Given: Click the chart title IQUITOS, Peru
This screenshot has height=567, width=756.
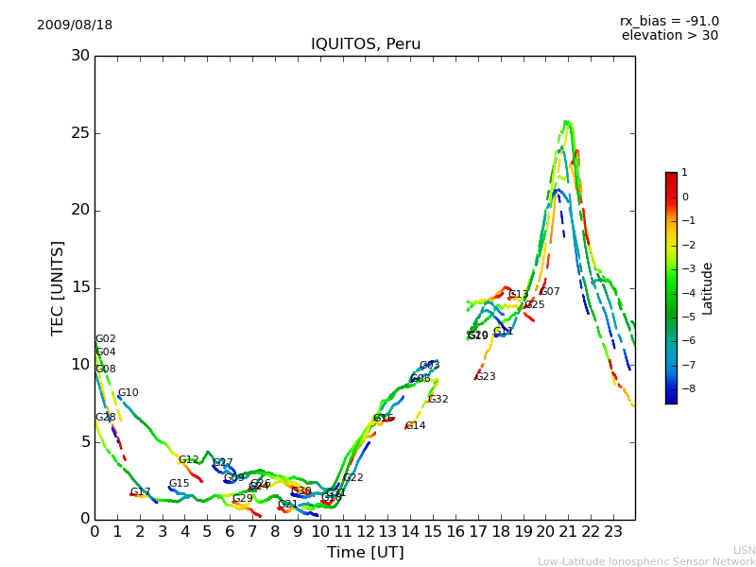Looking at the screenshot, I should [x=366, y=44].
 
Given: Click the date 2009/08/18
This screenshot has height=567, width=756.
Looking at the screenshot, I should [x=75, y=25].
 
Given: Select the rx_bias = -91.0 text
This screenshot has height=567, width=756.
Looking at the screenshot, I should [x=669, y=21].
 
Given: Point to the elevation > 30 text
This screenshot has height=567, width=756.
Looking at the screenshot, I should [x=669, y=36].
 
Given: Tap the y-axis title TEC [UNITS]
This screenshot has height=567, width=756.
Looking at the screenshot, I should [x=58, y=287].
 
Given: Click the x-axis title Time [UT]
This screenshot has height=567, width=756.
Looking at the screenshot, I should [x=365, y=553].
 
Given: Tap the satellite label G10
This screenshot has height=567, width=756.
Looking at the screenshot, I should [x=128, y=393].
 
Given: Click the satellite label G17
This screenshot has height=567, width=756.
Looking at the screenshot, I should [x=140, y=492].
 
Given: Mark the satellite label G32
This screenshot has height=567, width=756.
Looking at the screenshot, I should [x=438, y=400].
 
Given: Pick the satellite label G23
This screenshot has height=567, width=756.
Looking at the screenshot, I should [x=485, y=377].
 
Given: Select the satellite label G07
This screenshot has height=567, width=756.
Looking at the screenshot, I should [x=550, y=292].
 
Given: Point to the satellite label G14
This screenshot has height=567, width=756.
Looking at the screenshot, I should [x=415, y=426].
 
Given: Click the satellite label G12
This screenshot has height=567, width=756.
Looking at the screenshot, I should [x=188, y=460].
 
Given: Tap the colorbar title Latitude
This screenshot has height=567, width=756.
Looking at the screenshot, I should [x=708, y=288].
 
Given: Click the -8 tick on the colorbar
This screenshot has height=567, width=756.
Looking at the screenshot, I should [x=685, y=387].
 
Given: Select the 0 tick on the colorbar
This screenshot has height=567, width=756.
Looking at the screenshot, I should [x=685, y=198].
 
